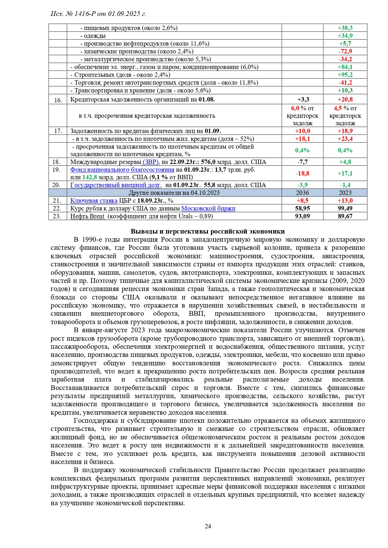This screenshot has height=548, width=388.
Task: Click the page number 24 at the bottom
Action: click(208, 526)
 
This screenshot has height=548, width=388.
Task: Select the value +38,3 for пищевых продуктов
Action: click(345, 28)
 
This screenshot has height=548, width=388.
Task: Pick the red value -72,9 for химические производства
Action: click(345, 51)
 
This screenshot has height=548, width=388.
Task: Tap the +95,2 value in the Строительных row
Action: click(345, 75)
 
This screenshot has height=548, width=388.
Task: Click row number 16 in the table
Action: click(58, 100)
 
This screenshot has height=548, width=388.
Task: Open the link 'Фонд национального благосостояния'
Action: click(122, 170)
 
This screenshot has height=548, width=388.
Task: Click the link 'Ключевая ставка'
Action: click(94, 200)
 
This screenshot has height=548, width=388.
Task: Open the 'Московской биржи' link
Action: click(208, 208)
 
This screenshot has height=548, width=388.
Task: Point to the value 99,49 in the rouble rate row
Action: click(345, 208)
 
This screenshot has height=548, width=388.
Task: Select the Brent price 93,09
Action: click(302, 216)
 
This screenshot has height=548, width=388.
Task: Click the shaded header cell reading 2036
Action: click(302, 193)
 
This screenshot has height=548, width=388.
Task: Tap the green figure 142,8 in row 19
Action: click(90, 177)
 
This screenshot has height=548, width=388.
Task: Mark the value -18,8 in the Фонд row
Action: click(302, 173)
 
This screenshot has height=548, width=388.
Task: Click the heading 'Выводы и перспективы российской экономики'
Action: click(208, 231)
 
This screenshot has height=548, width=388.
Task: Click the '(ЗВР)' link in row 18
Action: click(151, 162)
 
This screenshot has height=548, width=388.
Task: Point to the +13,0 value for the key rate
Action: click(345, 200)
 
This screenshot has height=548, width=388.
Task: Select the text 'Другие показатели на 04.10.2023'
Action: click(174, 193)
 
